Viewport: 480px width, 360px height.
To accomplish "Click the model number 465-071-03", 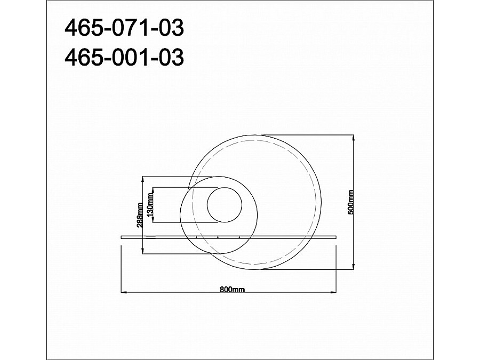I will point(124,28).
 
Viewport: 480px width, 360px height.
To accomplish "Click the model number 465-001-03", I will point(124,58).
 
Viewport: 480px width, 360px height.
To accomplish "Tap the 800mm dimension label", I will point(232,290).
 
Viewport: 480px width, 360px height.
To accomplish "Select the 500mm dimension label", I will point(350,203).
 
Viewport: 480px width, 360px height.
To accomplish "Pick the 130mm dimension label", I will point(150,205).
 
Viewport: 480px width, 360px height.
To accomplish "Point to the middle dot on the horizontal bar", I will point(218,236).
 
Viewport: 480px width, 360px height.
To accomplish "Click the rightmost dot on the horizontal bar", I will point(239,236).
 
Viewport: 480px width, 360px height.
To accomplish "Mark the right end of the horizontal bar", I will point(338,236).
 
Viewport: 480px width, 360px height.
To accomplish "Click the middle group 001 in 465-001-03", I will point(126,58).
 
